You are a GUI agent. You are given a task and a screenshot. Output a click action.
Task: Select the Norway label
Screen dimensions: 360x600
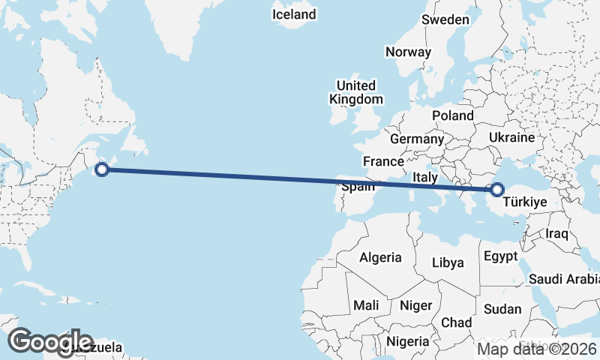pyautogui.click(x=408, y=52)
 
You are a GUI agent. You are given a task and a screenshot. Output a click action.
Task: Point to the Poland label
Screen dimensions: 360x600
pyautogui.click(x=452, y=115)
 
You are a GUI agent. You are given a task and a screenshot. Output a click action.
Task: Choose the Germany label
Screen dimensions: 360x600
pyautogui.click(x=417, y=139)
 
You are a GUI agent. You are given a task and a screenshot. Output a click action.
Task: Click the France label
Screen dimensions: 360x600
pyautogui.click(x=383, y=161)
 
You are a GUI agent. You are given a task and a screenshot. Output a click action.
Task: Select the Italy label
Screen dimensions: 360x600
pyautogui.click(x=425, y=178)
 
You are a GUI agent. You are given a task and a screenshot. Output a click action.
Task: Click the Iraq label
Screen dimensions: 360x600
pyautogui.click(x=557, y=234)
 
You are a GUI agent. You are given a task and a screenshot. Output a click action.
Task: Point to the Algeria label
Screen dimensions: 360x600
pyautogui.click(x=380, y=257)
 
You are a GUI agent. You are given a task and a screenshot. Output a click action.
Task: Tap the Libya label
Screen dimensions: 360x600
pyautogui.click(x=448, y=262)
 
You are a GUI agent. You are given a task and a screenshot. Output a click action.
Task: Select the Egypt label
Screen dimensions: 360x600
pyautogui.click(x=500, y=256)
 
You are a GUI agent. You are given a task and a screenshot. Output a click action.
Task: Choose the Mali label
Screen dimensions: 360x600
pyautogui.click(x=366, y=305)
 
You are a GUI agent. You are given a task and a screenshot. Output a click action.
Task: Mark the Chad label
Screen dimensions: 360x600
pyautogui.click(x=456, y=322)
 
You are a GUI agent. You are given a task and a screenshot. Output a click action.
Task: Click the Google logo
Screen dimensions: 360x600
pyautogui.click(x=50, y=342)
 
